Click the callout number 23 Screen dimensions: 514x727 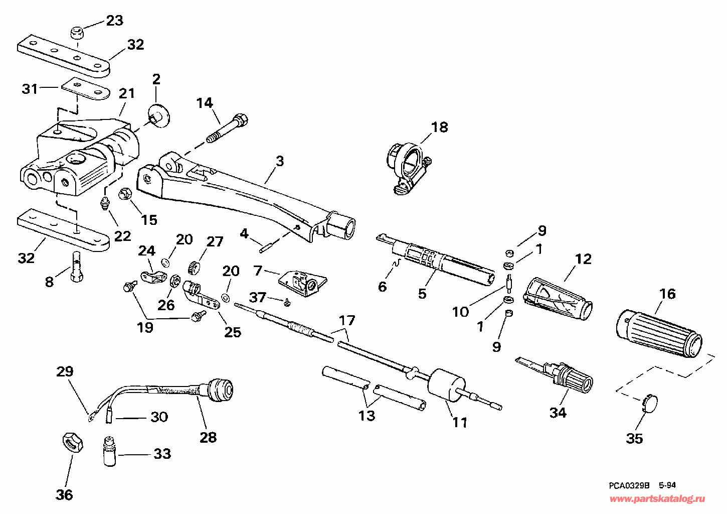pos(114,21)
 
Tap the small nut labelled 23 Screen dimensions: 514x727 pos(77,34)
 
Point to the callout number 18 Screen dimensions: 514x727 pos(439,127)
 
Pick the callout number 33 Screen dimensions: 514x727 pos(162,454)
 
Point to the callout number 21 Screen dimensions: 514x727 pos(127,93)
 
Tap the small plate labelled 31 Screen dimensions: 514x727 pos(85,90)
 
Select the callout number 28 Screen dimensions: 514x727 pos(208,437)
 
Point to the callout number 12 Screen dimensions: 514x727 pos(583,259)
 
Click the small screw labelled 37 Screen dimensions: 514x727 pos(287,302)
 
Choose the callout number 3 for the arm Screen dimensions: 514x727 pos(280,161)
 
